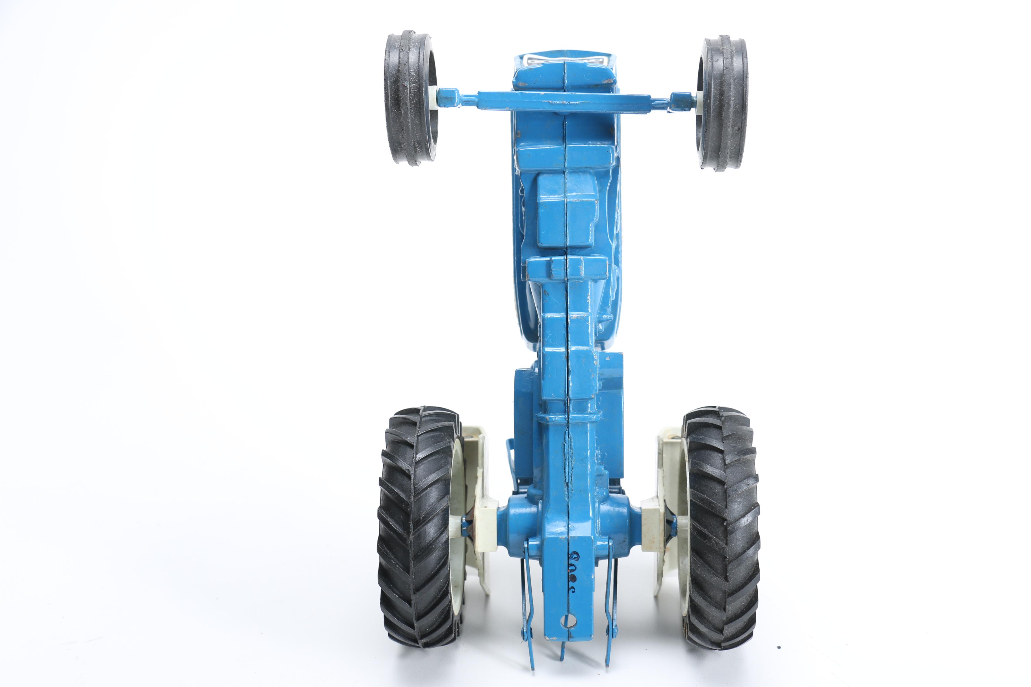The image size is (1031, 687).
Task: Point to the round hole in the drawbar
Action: click(x=569, y=620)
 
